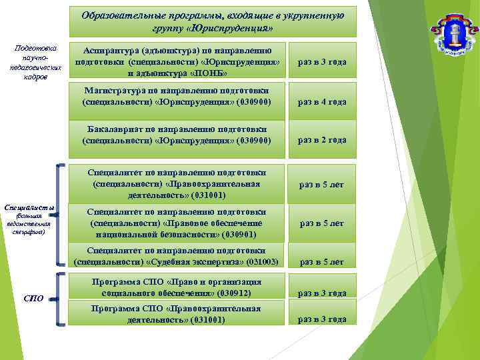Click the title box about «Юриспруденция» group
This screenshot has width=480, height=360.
(x=213, y=21)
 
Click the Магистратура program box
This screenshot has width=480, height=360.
(x=177, y=97)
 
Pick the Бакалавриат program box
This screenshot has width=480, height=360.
(x=177, y=135)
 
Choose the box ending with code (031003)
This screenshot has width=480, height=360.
(x=177, y=255)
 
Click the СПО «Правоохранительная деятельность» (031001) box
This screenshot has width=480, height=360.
(x=177, y=314)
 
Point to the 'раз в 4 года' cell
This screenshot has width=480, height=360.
(x=322, y=102)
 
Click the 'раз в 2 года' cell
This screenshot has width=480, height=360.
(x=322, y=140)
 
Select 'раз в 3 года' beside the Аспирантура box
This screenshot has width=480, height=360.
(x=322, y=62)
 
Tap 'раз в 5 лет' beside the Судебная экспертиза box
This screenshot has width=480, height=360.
(x=322, y=262)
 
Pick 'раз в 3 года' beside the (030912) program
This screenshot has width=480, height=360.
(x=322, y=293)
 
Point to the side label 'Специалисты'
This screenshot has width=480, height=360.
(x=29, y=207)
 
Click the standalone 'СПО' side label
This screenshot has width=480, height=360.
(x=33, y=298)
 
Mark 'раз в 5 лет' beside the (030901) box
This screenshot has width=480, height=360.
(x=322, y=223)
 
